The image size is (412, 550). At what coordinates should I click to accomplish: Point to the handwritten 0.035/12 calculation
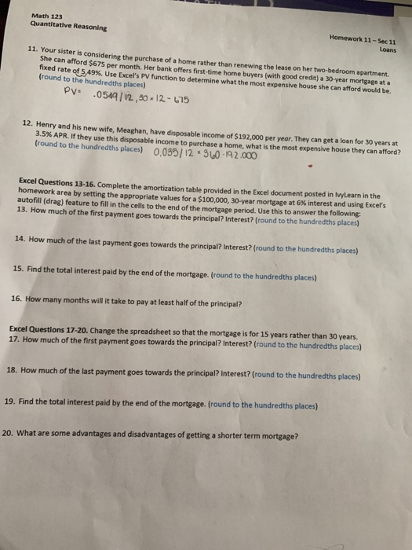coord(171,152)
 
